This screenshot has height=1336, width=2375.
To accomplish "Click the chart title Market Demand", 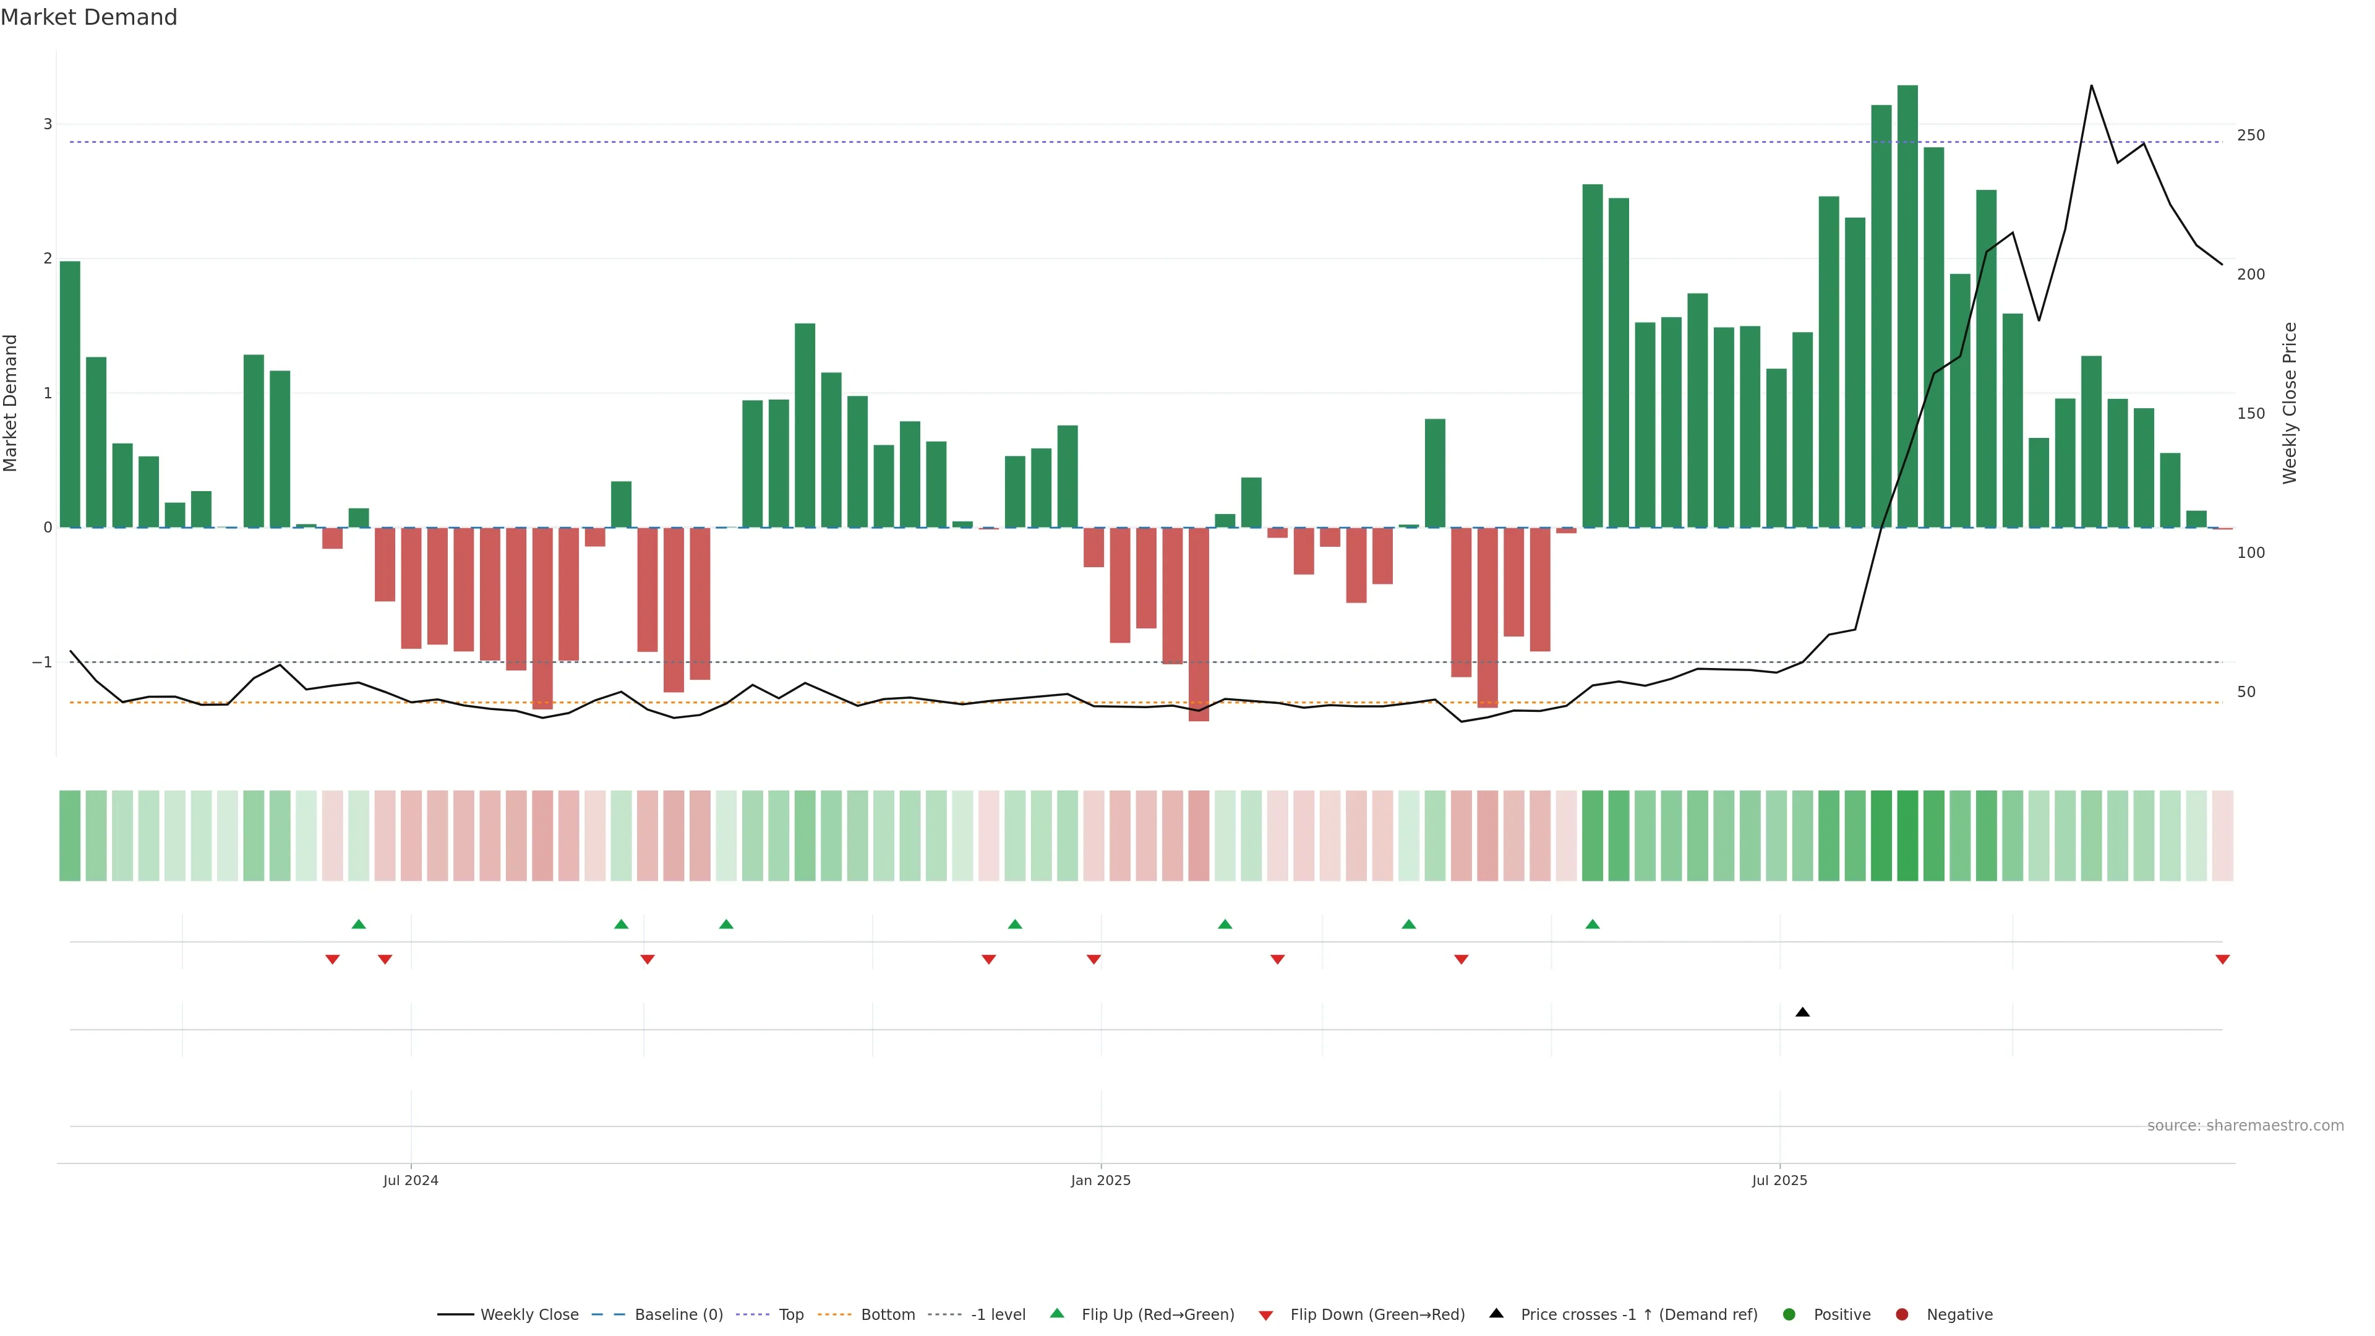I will [x=88, y=17].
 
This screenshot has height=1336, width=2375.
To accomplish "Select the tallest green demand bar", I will [x=1907, y=304].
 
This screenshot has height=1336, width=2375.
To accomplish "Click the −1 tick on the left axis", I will [x=43, y=662].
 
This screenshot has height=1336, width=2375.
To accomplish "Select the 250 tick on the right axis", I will [x=2251, y=135].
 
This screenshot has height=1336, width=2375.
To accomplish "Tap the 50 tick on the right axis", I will [x=2246, y=692].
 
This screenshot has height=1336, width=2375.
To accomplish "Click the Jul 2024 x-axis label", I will [x=410, y=1180].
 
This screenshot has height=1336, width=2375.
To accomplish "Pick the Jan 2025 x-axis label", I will [x=1100, y=1180].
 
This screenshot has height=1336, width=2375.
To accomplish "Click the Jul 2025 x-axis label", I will [x=1779, y=1180].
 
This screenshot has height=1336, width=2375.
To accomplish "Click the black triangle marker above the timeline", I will [x=1802, y=1013].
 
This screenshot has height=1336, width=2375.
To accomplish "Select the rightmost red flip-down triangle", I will [x=2222, y=960].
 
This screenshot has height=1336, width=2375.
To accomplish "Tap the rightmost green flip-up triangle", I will [x=1592, y=924].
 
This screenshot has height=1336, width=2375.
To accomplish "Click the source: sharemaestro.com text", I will [x=2245, y=1126].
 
